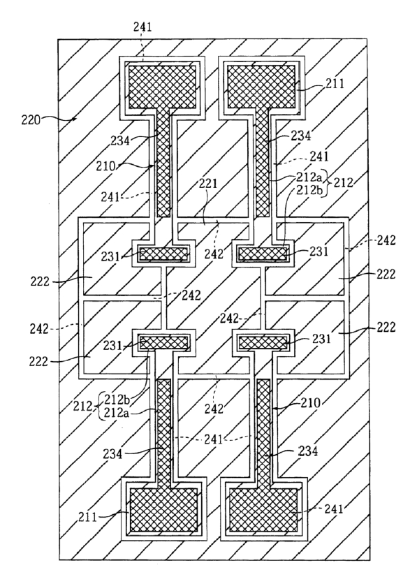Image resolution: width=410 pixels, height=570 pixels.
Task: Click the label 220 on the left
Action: (31, 119)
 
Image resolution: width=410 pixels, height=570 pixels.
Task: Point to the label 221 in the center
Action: (207, 184)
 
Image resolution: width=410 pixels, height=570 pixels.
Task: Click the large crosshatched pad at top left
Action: (163, 87)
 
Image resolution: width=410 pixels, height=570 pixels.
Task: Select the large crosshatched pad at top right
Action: (261, 87)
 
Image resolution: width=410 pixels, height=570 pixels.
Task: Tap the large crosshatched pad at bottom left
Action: (163, 510)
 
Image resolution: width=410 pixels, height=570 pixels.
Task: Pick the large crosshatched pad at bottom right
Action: (263, 510)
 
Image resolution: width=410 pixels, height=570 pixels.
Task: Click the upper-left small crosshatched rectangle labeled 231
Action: (164, 254)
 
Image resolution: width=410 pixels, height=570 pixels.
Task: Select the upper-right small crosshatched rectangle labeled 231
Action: (263, 254)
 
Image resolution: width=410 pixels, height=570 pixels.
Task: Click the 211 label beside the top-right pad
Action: (335, 84)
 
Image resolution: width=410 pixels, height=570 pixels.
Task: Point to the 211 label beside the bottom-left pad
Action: (87, 517)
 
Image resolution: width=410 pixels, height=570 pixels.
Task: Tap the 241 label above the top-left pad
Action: (142, 27)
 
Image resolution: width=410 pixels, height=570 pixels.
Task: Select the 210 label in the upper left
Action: (105, 166)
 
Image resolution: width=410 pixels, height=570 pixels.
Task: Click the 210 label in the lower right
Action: (311, 403)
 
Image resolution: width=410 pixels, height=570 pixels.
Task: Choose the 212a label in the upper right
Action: (309, 178)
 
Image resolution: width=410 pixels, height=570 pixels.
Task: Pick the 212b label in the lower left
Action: (117, 399)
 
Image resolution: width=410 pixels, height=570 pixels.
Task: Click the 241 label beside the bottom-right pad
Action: (333, 509)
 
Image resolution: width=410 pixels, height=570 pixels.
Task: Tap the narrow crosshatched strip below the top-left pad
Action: (163, 163)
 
